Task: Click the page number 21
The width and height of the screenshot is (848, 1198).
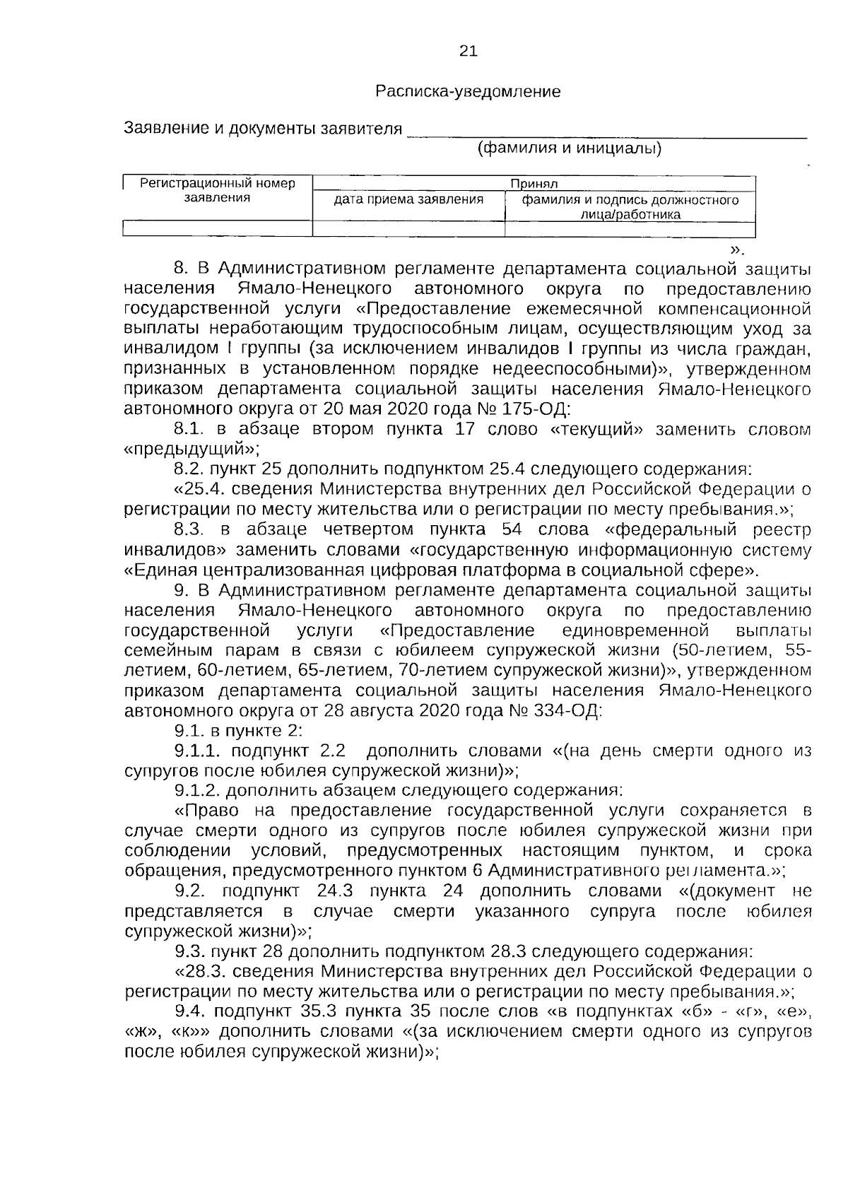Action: [x=468, y=51]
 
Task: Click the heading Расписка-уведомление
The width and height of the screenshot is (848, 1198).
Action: [x=468, y=91]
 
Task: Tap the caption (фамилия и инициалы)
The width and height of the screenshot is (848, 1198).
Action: [x=570, y=148]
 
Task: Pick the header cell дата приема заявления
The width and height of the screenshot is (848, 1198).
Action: [x=408, y=200]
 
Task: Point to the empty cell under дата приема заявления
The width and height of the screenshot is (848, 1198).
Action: [x=408, y=228]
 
